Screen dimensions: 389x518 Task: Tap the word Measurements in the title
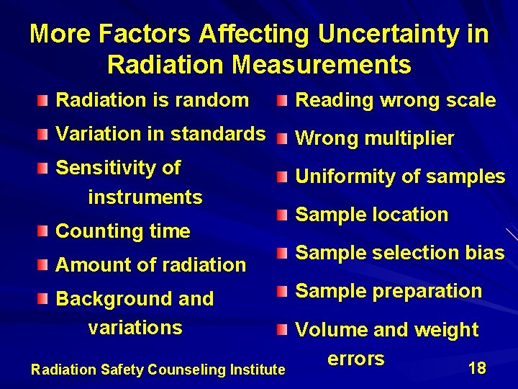322,66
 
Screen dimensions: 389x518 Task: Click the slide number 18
476,368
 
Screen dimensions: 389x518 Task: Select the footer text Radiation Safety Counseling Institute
158,370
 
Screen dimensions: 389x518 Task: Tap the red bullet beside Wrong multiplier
284,138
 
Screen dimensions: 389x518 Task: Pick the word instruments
145,197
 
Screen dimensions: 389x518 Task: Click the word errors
355,358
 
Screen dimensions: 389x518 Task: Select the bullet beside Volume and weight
284,330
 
